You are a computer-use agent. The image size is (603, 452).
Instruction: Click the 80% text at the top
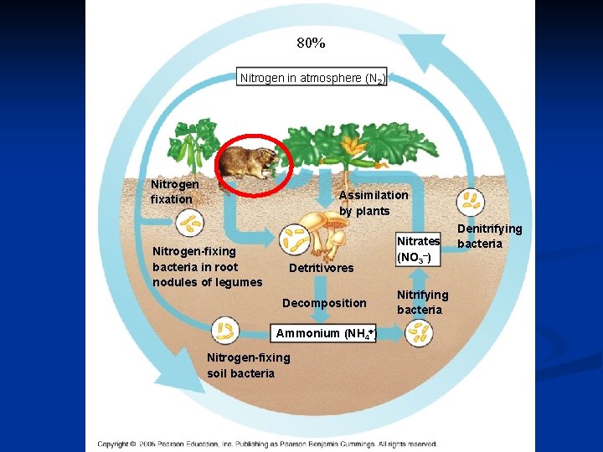coord(311,43)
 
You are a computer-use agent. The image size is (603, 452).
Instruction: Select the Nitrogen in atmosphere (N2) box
coord(312,78)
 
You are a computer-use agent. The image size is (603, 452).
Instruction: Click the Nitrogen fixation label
coord(174,192)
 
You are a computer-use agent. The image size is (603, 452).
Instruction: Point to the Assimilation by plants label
coord(374,203)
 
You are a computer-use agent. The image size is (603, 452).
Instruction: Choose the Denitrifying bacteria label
coord(489,235)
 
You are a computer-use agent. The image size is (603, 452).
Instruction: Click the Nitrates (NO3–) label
coord(417,249)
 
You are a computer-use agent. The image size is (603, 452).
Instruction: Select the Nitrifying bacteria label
coord(422,302)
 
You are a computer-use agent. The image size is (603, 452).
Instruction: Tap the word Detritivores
coord(321,269)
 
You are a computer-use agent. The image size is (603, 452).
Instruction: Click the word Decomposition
coord(324,302)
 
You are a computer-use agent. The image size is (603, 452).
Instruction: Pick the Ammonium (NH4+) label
coord(327,333)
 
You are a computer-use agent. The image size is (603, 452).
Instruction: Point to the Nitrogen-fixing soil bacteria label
coord(248,365)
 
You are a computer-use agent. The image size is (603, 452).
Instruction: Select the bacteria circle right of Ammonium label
coord(418,333)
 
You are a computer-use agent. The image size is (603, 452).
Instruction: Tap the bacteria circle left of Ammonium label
coord(224,330)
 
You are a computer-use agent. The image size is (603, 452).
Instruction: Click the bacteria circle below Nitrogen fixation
coord(190,223)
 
